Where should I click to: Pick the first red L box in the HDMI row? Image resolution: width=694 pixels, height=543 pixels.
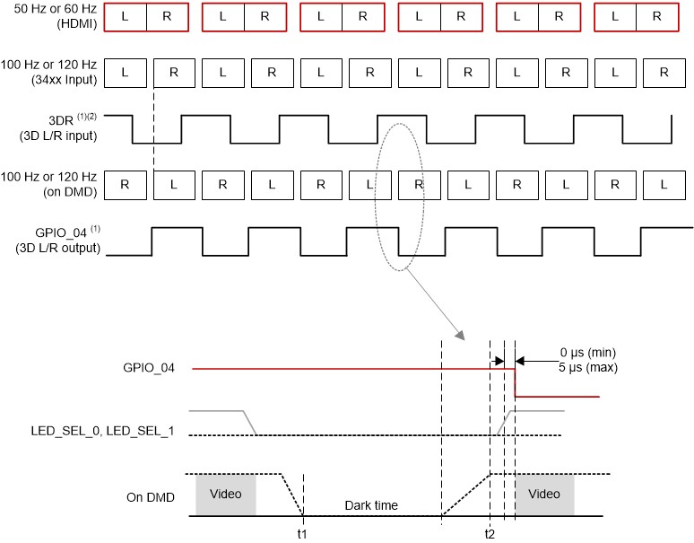tap(125, 16)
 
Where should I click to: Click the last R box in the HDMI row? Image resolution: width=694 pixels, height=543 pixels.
tap(657, 16)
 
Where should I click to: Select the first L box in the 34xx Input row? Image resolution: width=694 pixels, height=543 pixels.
tap(125, 73)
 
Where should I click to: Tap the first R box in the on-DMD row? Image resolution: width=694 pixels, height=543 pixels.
tap(125, 185)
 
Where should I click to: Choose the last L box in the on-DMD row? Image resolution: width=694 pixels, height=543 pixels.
tap(663, 185)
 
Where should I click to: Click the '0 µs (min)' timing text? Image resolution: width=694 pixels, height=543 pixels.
tap(587, 352)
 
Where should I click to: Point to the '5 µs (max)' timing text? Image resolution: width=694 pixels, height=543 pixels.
tap(587, 368)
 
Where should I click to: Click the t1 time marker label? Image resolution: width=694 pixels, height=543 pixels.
tap(303, 533)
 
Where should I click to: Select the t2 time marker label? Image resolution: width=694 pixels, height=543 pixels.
tap(490, 533)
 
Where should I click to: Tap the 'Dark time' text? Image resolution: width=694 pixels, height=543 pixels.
tap(371, 505)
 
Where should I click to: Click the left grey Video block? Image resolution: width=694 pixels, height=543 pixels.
tap(225, 495)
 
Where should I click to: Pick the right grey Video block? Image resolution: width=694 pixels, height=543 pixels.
tap(544, 495)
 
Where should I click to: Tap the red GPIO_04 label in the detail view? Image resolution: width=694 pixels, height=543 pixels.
tap(149, 368)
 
